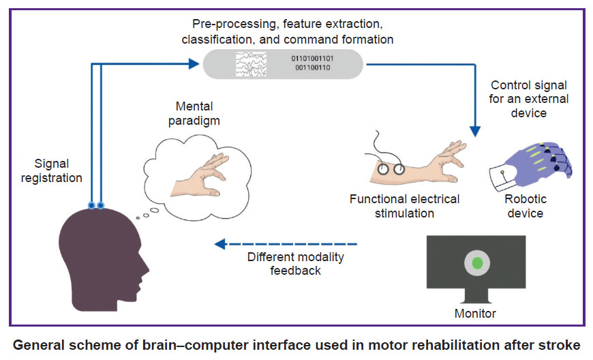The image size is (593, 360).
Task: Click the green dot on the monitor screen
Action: (477, 262)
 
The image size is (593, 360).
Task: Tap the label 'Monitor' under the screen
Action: (475, 314)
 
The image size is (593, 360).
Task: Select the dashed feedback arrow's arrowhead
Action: (220, 244)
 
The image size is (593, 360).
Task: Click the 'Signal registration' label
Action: (51, 170)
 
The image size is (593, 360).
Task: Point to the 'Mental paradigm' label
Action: (194, 113)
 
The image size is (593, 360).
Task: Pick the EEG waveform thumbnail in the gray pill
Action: (251, 64)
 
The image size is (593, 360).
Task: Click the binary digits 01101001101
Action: (312, 59)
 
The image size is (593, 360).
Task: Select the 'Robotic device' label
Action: (526, 206)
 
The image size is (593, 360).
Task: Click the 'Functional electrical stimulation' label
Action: (404, 206)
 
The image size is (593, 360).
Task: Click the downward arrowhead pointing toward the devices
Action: (475, 131)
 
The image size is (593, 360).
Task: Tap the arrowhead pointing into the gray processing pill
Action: (194, 64)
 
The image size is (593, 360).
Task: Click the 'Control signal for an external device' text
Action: (529, 99)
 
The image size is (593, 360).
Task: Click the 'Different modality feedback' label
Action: (296, 264)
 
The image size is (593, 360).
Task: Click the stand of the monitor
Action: (476, 296)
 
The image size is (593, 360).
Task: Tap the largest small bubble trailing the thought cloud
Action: (154, 210)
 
